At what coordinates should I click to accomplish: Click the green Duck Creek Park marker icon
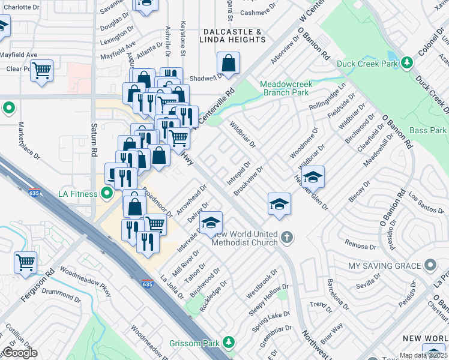[x=408, y=62]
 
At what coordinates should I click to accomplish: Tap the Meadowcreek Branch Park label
[x=285, y=89]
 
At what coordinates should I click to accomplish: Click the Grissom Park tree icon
[x=228, y=342]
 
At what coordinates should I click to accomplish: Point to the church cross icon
[x=287, y=238]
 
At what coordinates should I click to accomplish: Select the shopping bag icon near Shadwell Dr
[x=228, y=62]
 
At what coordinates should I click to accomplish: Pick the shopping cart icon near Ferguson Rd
[x=25, y=262]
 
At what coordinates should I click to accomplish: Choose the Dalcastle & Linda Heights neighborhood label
[x=234, y=35]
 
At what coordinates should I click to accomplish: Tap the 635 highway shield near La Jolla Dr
[x=148, y=283]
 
